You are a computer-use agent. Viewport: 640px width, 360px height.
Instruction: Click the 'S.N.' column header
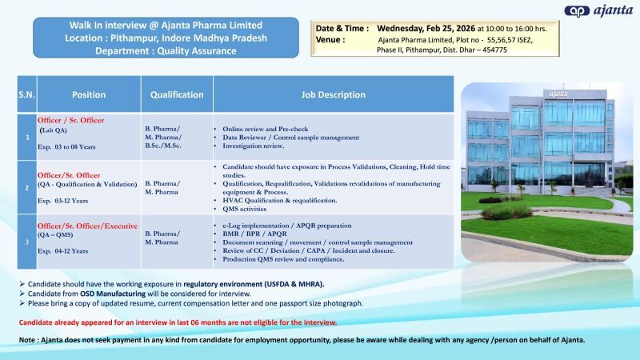pyautogui.click(x=26, y=94)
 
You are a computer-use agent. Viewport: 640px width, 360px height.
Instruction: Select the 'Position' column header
pyautogui.click(x=88, y=94)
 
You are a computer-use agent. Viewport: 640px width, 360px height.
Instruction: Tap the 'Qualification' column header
pyautogui.click(x=177, y=94)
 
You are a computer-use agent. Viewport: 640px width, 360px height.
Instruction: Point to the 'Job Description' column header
pyautogui.click(x=333, y=94)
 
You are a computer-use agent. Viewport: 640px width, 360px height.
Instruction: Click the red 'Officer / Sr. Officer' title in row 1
pyautogui.click(x=71, y=120)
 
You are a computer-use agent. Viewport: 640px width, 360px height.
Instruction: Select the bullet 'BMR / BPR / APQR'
pyautogui.click(x=256, y=234)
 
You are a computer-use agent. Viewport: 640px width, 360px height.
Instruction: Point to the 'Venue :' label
pyautogui.click(x=330, y=38)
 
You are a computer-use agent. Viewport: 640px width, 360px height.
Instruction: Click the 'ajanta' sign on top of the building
pyautogui.click(x=558, y=94)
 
